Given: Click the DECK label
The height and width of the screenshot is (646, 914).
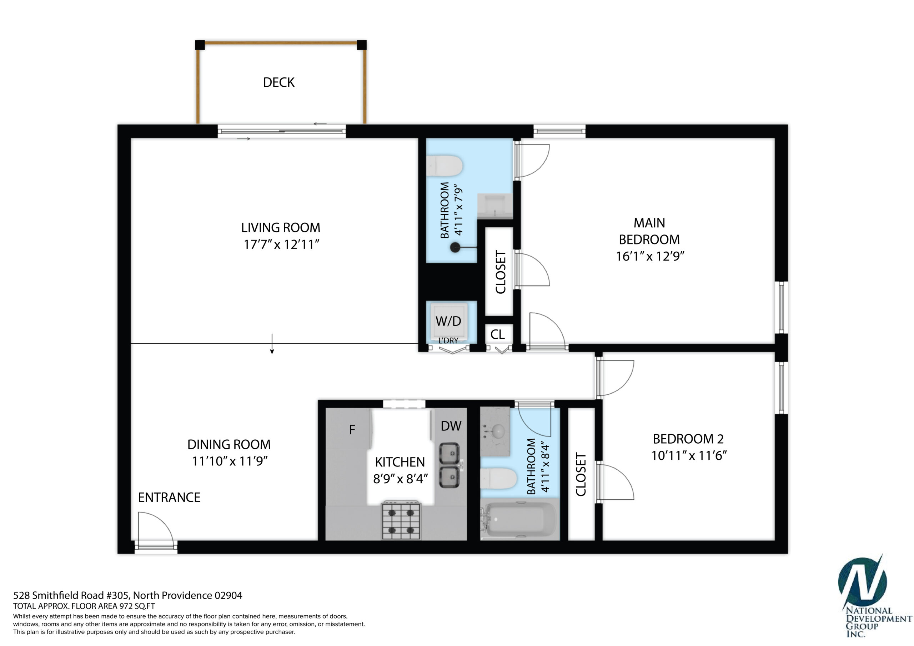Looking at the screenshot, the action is pos(278,82).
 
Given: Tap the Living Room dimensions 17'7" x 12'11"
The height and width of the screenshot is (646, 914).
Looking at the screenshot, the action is pos(281,244).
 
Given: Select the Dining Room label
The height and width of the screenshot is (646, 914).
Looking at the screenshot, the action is pos(229,444).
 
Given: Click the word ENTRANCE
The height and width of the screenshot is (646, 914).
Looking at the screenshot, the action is pos(169,497).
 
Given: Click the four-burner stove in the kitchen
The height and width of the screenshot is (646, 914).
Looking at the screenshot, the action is pos(401,520).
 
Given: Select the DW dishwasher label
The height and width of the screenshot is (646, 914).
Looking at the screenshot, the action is pos(451,426).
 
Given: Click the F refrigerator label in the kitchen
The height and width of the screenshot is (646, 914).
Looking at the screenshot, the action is pos(352,429).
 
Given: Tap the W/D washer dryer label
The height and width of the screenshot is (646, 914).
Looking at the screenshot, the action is pos(448,321).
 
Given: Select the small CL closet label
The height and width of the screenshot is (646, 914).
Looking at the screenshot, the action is pos(498,334).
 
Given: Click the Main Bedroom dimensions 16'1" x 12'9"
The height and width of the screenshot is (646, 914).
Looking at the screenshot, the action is pos(650,256).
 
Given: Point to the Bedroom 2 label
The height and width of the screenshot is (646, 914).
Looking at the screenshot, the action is pos(688,439).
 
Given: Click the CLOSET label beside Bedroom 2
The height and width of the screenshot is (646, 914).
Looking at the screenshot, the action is pos(581,474).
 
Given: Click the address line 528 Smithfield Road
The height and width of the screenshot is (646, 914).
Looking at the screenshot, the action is pos(128,595).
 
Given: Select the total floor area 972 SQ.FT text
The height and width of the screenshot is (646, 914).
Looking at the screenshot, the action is pos(84,606).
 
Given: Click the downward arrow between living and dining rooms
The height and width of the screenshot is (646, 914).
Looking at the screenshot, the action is pos(272,343).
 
